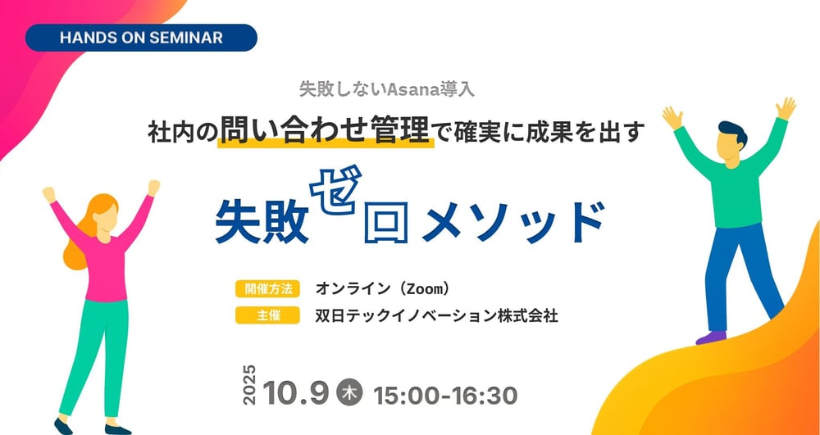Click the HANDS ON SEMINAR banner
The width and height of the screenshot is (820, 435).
pos(141,38)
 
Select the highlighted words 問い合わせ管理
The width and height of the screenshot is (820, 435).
pos(325,130)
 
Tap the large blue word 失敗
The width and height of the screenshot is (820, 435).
pos(262,222)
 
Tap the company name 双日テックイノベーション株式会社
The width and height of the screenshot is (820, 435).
pos(436,315)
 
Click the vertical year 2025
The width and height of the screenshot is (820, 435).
pos(250,384)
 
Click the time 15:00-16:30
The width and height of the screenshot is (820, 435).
pos(445,394)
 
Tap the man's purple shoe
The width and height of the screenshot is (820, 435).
pos(710,336)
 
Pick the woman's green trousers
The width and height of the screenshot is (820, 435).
pos(98,352)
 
